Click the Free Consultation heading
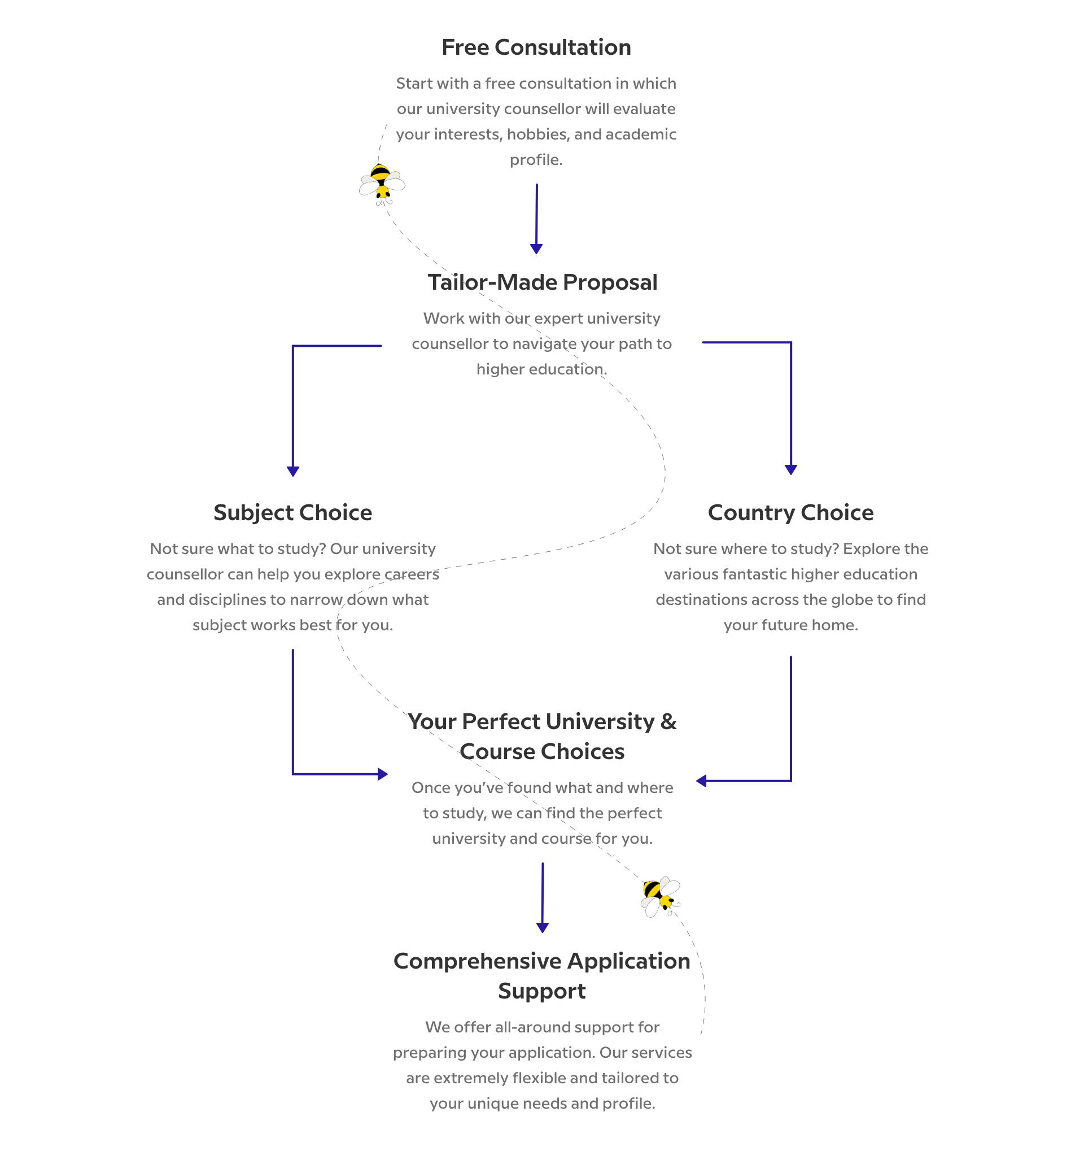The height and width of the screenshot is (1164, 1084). click(x=536, y=47)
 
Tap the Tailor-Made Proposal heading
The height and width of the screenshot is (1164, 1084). click(x=542, y=282)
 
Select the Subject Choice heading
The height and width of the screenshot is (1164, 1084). click(x=292, y=512)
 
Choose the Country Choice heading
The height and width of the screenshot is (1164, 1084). click(x=790, y=512)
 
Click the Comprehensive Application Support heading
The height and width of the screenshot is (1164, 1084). click(x=542, y=975)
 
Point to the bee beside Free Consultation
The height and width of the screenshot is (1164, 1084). click(x=382, y=184)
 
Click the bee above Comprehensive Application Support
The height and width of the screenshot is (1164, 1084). click(x=660, y=896)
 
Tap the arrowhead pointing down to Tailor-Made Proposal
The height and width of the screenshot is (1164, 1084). click(x=536, y=249)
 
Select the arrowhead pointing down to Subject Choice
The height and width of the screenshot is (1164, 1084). click(x=292, y=472)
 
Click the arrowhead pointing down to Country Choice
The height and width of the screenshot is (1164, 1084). click(x=791, y=469)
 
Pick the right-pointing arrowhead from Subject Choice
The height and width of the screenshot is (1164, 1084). click(x=383, y=774)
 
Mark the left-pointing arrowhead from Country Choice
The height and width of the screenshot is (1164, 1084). click(x=701, y=781)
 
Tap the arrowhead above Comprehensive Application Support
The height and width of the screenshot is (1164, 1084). click(x=543, y=927)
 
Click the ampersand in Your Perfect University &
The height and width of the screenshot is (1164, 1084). click(x=668, y=721)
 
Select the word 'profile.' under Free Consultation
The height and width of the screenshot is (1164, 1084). click(x=536, y=160)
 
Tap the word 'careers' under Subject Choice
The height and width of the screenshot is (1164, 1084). click(x=412, y=574)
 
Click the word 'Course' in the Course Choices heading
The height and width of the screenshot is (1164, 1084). click(x=497, y=752)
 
